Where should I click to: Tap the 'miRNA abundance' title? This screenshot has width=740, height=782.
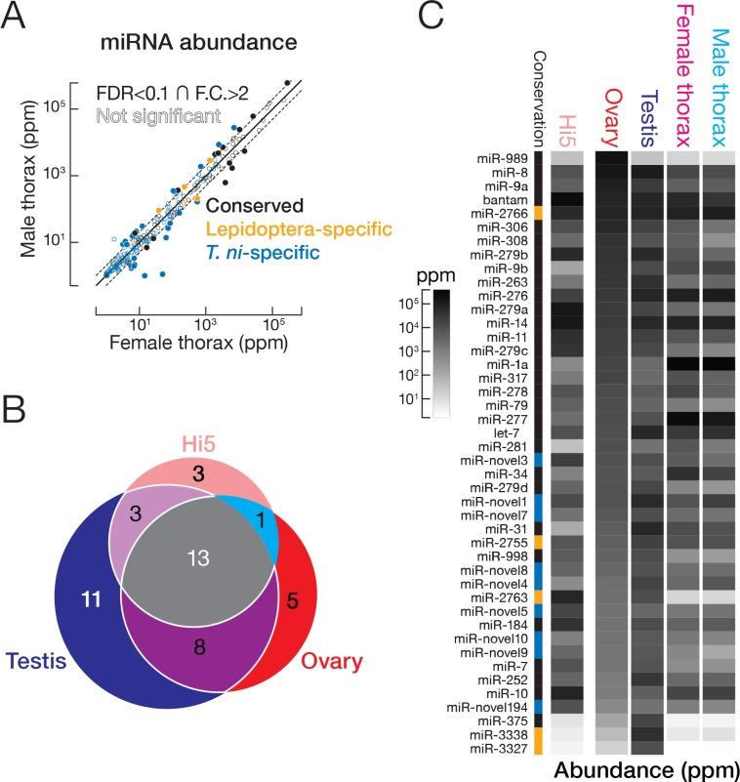(195, 43)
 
